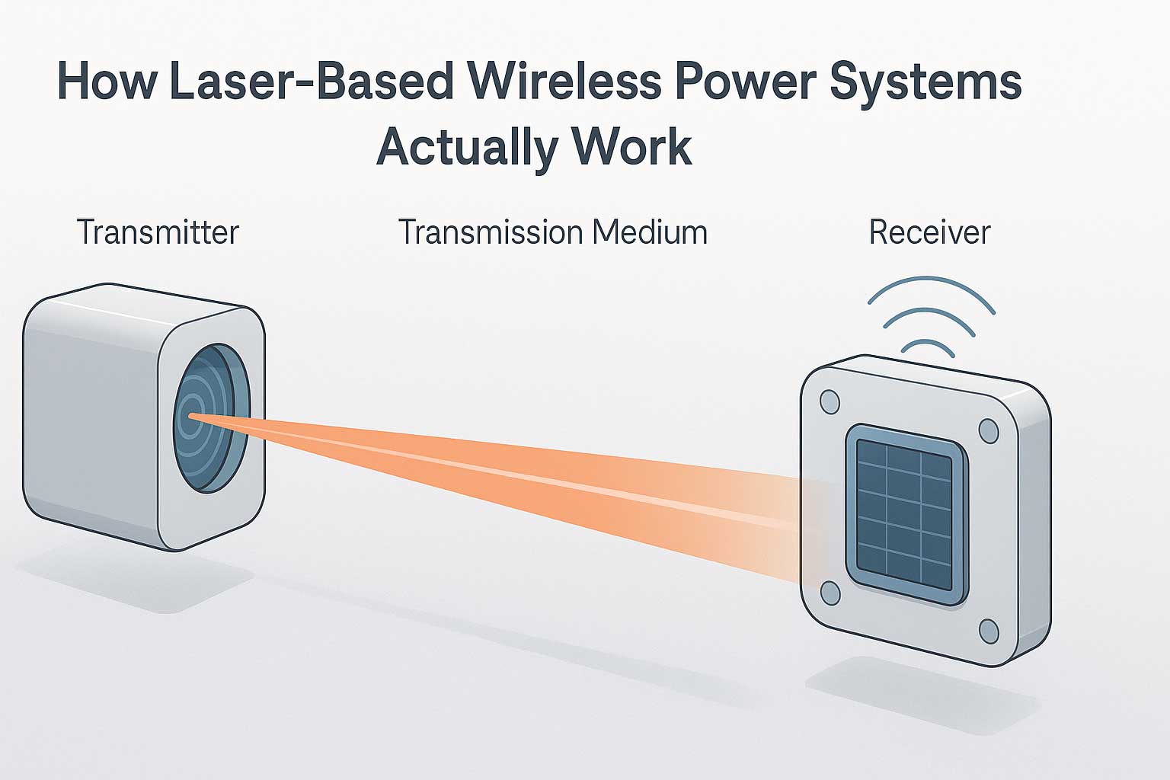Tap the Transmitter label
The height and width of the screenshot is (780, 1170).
tap(158, 232)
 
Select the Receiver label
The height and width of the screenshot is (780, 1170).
tap(929, 232)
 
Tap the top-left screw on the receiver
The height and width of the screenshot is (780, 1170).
tap(830, 401)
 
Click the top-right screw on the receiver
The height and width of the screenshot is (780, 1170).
tap(988, 431)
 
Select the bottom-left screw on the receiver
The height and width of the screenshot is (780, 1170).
tap(830, 592)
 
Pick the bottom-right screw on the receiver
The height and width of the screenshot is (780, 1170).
tap(988, 631)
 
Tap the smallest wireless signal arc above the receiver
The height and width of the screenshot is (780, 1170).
tap(927, 344)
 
